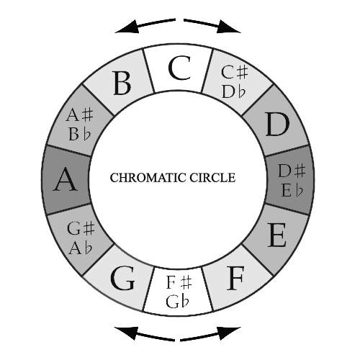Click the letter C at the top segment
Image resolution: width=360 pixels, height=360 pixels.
[x=180, y=68]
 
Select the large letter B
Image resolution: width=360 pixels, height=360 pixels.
[x=122, y=83]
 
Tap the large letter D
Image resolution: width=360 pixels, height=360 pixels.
[x=278, y=125]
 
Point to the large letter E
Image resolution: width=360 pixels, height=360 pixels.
[x=277, y=235]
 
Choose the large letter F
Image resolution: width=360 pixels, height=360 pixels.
[x=235, y=279]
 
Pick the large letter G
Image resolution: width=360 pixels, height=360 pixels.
[x=122, y=279]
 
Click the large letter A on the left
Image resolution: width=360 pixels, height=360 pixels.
[x=66, y=179]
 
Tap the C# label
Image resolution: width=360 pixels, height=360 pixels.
[x=234, y=72]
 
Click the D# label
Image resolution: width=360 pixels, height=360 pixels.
[x=292, y=171]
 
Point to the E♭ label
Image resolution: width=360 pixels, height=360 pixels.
[x=292, y=190]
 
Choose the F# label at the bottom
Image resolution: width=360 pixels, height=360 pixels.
[x=179, y=282]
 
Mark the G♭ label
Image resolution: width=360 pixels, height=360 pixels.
[x=178, y=302]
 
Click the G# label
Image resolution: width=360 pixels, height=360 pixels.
[x=81, y=228]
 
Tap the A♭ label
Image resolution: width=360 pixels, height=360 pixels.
[x=81, y=248]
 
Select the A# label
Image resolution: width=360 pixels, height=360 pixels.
[x=79, y=114]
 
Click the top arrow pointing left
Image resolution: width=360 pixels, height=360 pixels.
[x=145, y=25]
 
